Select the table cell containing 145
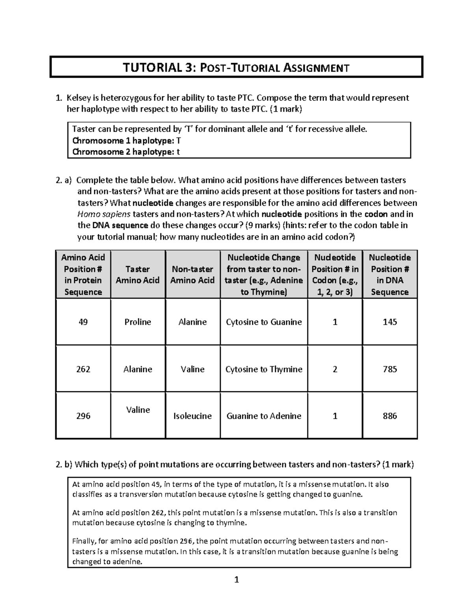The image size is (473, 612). (x=389, y=322)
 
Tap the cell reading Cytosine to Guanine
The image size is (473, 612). (x=264, y=322)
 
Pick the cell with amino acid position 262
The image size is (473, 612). (x=83, y=369)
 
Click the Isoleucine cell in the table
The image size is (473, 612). (x=192, y=416)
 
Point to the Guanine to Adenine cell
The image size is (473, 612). (x=264, y=416)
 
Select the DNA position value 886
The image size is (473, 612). (x=389, y=416)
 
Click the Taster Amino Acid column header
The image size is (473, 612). (x=138, y=275)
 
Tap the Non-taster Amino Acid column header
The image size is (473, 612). (x=192, y=275)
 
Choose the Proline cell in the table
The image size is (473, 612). (x=138, y=322)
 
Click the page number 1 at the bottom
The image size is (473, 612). (x=236, y=580)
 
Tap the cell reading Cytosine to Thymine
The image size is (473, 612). (x=264, y=369)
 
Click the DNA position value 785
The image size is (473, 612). (x=389, y=369)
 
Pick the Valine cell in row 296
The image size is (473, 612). (x=138, y=410)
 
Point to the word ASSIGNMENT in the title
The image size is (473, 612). (x=317, y=68)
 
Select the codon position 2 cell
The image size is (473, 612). (x=335, y=369)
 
